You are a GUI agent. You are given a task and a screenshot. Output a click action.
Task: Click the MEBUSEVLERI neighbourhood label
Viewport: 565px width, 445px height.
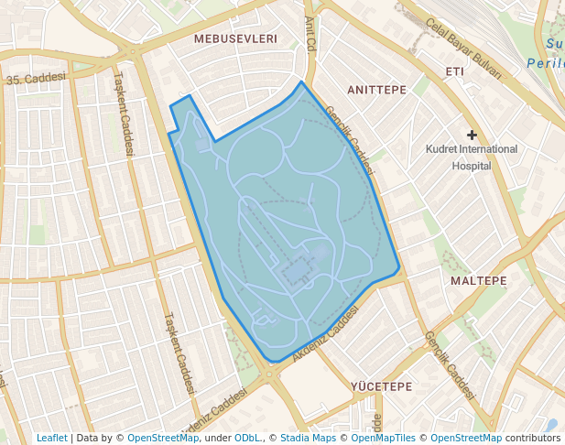(x=235, y=39)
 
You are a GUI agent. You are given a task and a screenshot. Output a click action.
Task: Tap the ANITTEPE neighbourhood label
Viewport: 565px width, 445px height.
(x=376, y=90)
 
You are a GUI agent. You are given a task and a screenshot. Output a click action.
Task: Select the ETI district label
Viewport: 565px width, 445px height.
(x=454, y=71)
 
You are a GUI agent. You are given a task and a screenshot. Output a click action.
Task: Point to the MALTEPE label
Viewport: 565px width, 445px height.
(x=478, y=280)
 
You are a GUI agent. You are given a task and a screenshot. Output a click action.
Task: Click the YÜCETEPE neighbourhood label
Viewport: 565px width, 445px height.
(x=381, y=386)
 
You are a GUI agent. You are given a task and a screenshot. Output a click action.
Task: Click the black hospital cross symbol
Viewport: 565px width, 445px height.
(x=473, y=136)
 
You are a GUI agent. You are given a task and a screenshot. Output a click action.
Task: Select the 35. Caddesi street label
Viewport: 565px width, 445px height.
(x=37, y=80)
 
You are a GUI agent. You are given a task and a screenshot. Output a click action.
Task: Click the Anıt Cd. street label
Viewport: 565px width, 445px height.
(x=310, y=33)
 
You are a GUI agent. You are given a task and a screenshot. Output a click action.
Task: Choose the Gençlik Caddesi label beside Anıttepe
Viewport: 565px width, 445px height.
(x=350, y=140)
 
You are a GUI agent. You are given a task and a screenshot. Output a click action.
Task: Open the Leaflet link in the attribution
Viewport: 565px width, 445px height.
(x=51, y=438)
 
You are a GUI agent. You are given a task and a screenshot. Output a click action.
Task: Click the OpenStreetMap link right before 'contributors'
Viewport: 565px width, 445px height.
(x=466, y=438)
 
